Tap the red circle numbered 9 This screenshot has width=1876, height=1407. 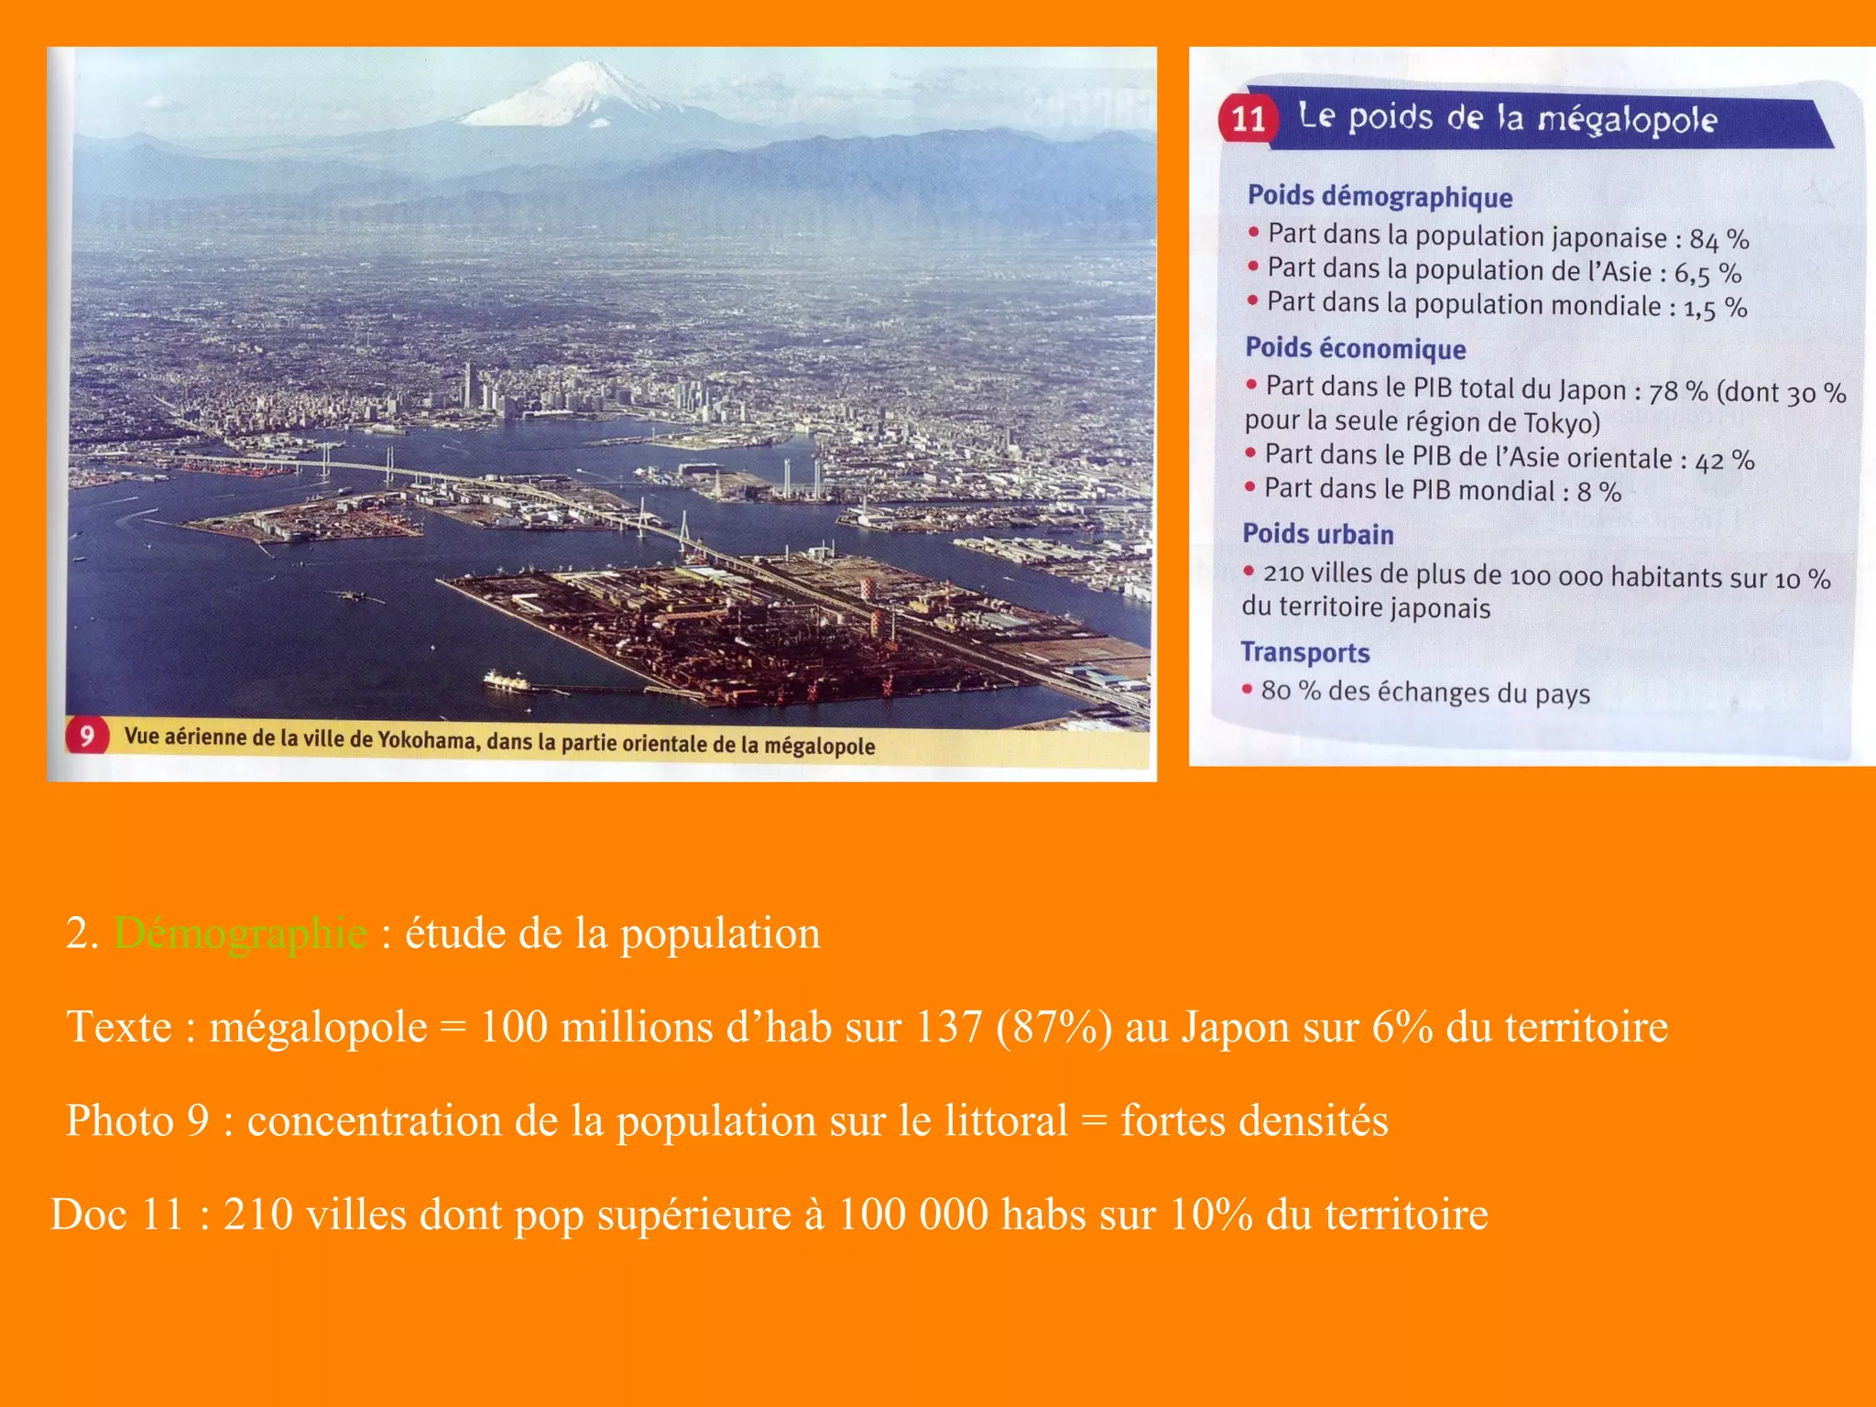pos(87,736)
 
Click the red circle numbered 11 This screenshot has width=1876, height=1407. pos(1248,119)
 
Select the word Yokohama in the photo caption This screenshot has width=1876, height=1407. pos(427,739)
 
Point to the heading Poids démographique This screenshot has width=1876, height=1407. pos(1380,196)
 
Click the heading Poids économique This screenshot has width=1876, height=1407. pos(1355,348)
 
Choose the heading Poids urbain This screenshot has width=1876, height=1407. pos(1317,534)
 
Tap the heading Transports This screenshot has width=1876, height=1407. pos(1304,652)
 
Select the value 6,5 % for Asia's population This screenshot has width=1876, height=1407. pos(1707,273)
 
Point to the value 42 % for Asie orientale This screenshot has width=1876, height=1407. pos(1724,460)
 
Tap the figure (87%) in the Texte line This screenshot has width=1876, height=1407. pos(1054,1027)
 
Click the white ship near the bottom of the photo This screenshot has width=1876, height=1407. pos(507,681)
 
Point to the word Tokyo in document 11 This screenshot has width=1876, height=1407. pos(1558,423)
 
